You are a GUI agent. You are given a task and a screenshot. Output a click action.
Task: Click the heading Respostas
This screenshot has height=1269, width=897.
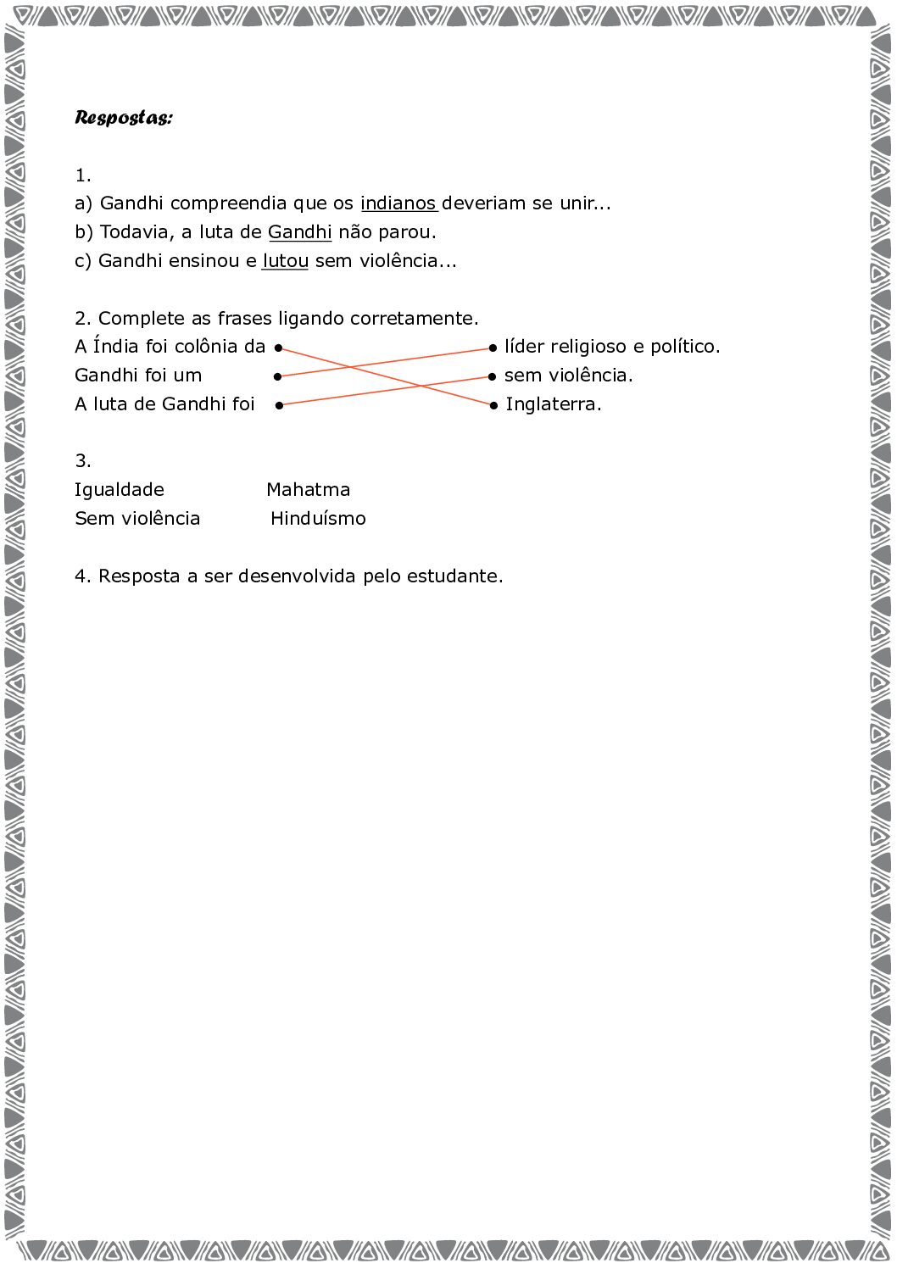pyautogui.click(x=123, y=117)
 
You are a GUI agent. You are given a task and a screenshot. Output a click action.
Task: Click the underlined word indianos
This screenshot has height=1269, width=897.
pyautogui.click(x=398, y=203)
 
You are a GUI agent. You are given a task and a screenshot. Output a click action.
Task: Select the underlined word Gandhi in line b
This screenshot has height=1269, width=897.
pyautogui.click(x=299, y=232)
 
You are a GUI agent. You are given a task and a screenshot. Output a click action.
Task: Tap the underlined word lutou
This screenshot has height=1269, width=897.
pyautogui.click(x=285, y=261)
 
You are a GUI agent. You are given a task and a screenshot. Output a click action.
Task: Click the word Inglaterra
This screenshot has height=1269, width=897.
pyautogui.click(x=553, y=404)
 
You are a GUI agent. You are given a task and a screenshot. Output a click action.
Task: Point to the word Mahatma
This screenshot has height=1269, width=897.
pyautogui.click(x=308, y=490)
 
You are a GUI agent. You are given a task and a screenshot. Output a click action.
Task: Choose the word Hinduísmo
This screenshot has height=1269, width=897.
pyautogui.click(x=318, y=519)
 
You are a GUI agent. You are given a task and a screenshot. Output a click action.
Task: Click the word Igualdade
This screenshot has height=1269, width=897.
pyautogui.click(x=120, y=490)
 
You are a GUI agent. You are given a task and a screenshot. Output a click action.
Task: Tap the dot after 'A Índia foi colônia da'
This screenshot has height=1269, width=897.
pyautogui.click(x=278, y=348)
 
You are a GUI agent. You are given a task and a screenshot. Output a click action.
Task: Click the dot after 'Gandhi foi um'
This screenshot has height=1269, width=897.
pyautogui.click(x=277, y=376)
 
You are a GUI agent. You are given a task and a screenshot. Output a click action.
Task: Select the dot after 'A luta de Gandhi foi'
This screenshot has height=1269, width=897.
pyautogui.click(x=278, y=405)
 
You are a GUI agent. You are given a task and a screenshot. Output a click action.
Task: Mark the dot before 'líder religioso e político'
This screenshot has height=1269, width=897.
pyautogui.click(x=492, y=348)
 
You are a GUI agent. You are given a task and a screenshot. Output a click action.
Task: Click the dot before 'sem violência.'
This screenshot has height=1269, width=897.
pyautogui.click(x=492, y=376)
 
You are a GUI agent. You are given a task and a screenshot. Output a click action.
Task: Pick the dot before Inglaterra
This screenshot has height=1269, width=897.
pyautogui.click(x=493, y=405)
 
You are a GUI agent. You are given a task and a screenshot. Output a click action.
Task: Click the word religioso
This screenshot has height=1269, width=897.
pyautogui.click(x=590, y=347)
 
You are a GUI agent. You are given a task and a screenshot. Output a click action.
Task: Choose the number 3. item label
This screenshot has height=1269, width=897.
pyautogui.click(x=82, y=461)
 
